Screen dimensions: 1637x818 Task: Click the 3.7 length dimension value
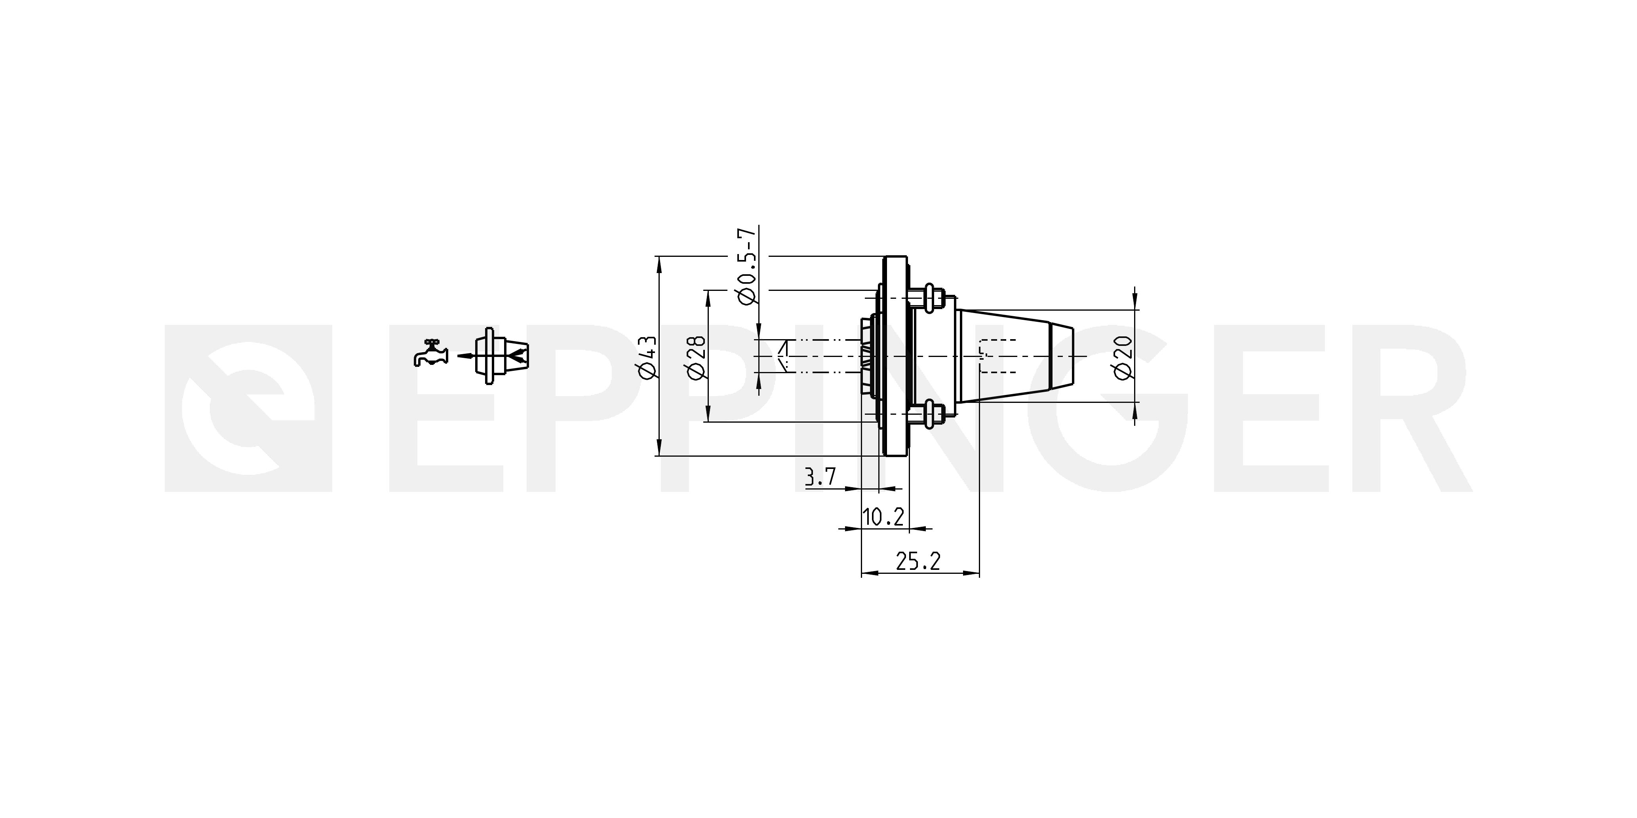(x=820, y=476)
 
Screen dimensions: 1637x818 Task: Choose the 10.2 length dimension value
(x=883, y=517)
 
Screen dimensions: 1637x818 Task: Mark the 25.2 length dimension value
(x=917, y=561)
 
